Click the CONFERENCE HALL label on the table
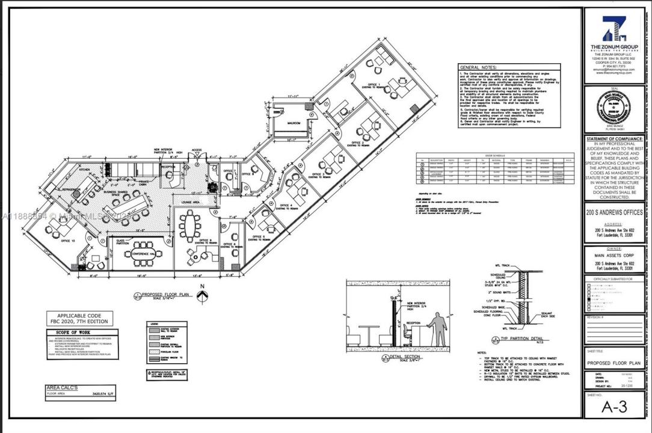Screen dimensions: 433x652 click(143, 254)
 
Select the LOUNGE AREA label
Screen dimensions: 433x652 click(191, 203)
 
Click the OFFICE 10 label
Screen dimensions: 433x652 click(68, 241)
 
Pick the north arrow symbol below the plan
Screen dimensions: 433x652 click(203, 294)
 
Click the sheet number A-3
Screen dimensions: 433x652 click(614, 407)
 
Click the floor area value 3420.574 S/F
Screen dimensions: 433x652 click(103, 395)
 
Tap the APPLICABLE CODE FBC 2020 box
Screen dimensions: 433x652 click(72, 318)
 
